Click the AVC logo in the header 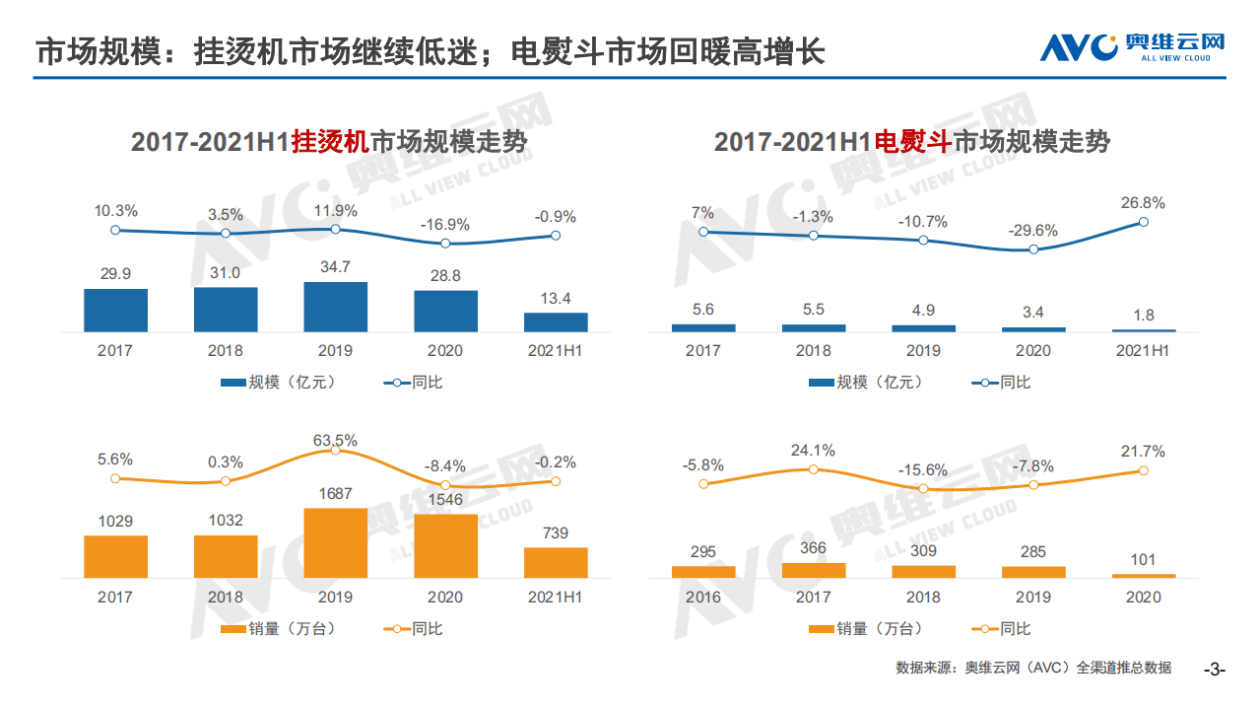(1132, 46)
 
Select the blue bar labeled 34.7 (335, 307)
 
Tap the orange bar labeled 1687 (335, 542)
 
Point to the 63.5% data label (335, 440)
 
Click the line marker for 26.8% (1144, 222)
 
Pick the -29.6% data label (1033, 231)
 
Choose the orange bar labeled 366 (814, 570)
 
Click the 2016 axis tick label (703, 597)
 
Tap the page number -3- (1215, 670)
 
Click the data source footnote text (1033, 668)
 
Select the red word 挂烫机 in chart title (330, 142)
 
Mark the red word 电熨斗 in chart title (912, 142)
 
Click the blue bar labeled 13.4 (556, 321)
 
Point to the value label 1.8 (1144, 316)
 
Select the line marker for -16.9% (445, 244)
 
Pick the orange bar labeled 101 (1144, 575)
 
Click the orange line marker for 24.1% (814, 469)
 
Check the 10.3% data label (115, 211)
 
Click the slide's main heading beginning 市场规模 (430, 51)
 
